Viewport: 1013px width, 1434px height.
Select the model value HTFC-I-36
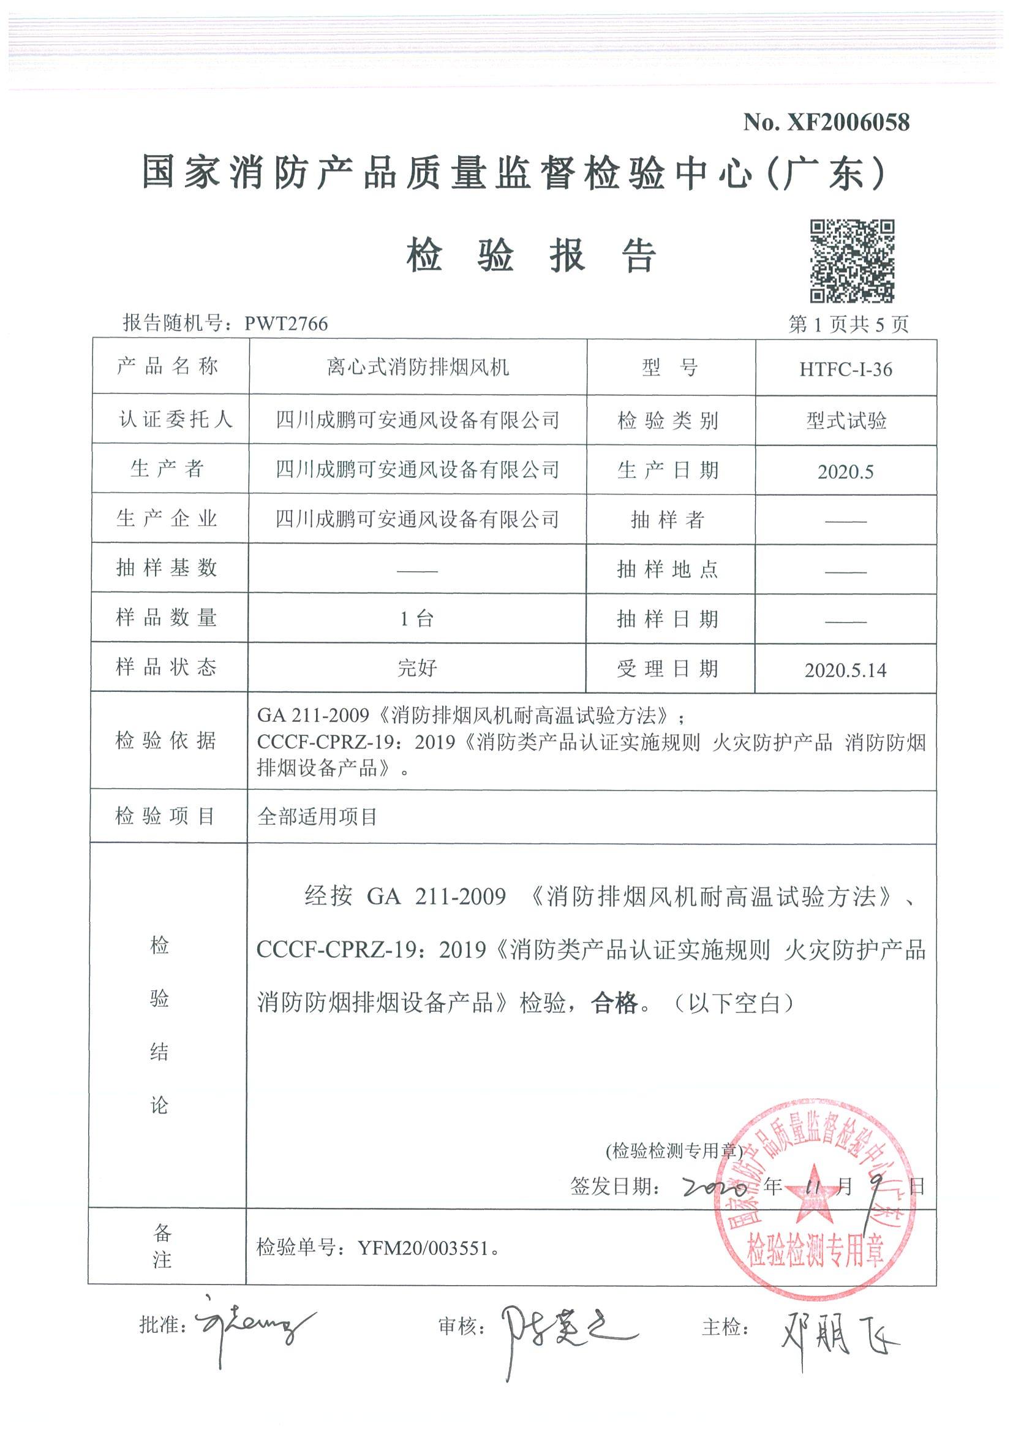coord(846,369)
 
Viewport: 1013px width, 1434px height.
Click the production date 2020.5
coord(845,471)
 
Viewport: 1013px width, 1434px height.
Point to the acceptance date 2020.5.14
coord(845,670)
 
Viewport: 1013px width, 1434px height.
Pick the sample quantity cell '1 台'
coord(417,619)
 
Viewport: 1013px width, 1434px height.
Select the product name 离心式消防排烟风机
coord(418,367)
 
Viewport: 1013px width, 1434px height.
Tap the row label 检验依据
coord(166,741)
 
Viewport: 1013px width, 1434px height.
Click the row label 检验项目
coord(166,816)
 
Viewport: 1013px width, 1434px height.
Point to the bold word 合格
coord(615,1003)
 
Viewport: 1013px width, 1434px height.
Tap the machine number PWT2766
coord(286,324)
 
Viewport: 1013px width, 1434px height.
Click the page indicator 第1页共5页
coord(848,324)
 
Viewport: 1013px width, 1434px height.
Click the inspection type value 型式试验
coord(846,421)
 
